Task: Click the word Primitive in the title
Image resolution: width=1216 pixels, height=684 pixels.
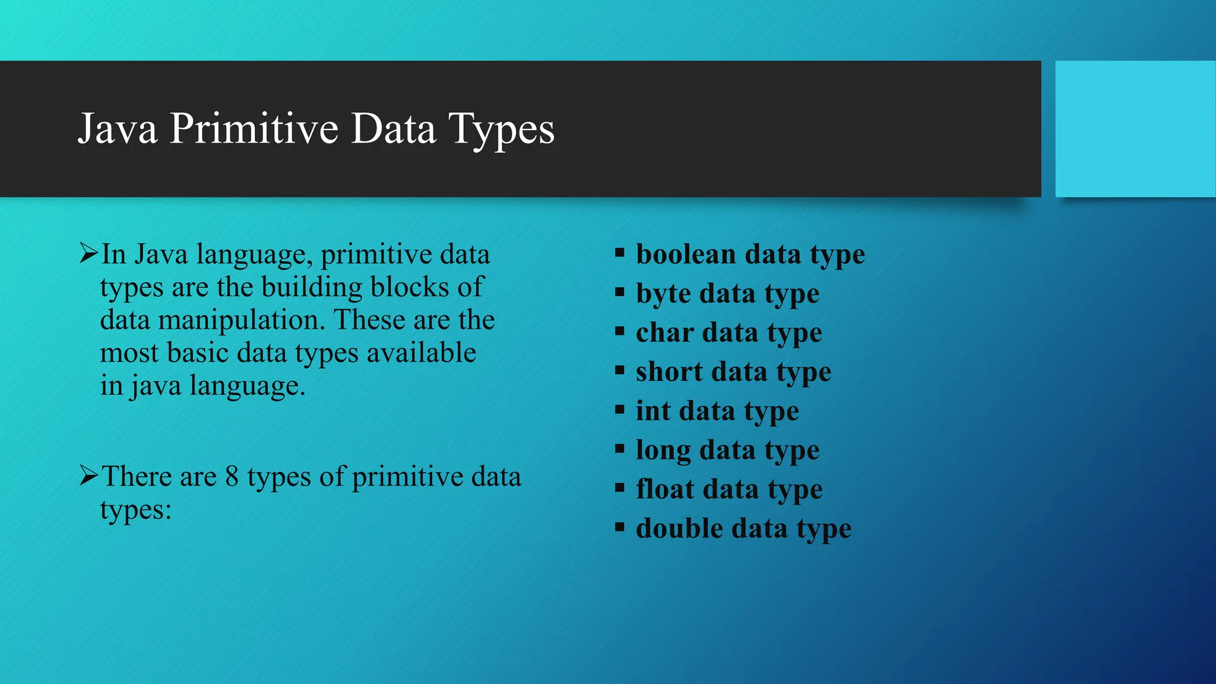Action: click(254, 129)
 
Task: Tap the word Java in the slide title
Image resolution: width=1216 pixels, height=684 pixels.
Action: click(118, 129)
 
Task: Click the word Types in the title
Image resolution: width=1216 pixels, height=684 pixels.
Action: click(502, 129)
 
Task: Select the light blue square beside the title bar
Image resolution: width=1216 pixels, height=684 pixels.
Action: click(1135, 129)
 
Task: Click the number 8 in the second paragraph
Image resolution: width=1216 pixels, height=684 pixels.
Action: click(232, 477)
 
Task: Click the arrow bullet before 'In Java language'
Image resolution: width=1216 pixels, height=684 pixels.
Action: click(88, 254)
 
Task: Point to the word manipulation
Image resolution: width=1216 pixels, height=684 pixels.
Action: click(242, 320)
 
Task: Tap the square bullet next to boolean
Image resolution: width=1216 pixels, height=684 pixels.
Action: click(620, 254)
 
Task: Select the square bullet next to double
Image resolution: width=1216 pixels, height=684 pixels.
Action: click(620, 527)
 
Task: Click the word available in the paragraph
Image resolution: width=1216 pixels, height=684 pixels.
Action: click(421, 353)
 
